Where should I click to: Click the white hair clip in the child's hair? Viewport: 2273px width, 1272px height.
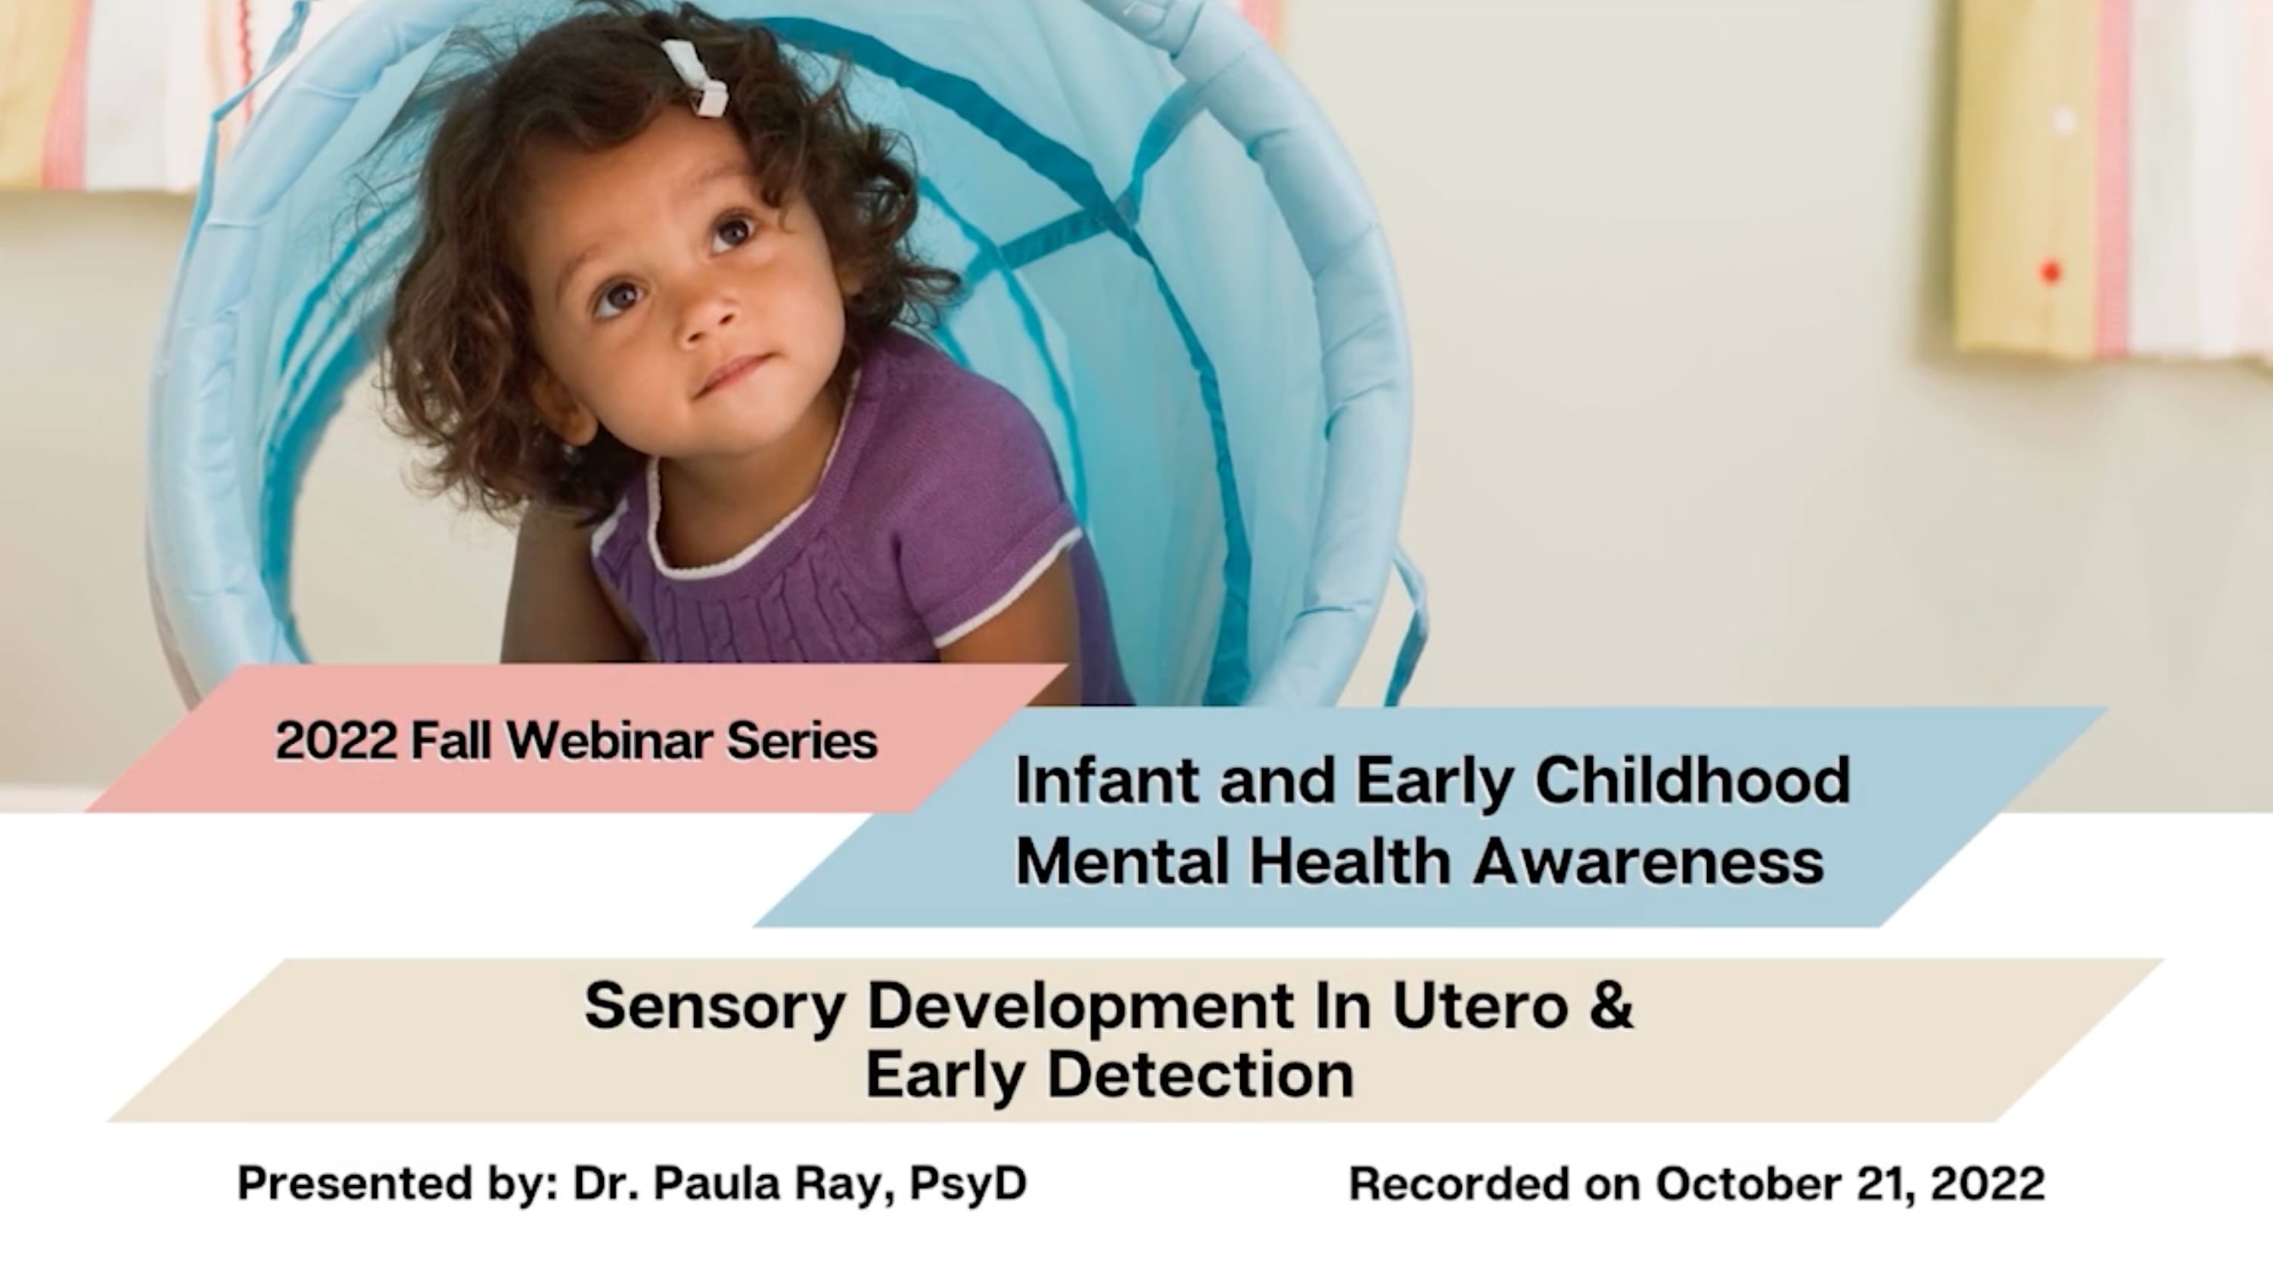point(697,78)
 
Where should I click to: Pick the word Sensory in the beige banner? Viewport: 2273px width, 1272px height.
point(715,1006)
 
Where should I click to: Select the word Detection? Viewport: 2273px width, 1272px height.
point(1200,1075)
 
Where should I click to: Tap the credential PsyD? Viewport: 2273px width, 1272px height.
point(968,1183)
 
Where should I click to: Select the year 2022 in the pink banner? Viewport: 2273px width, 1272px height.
point(336,740)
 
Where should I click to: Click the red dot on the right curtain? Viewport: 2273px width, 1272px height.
point(2051,271)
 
